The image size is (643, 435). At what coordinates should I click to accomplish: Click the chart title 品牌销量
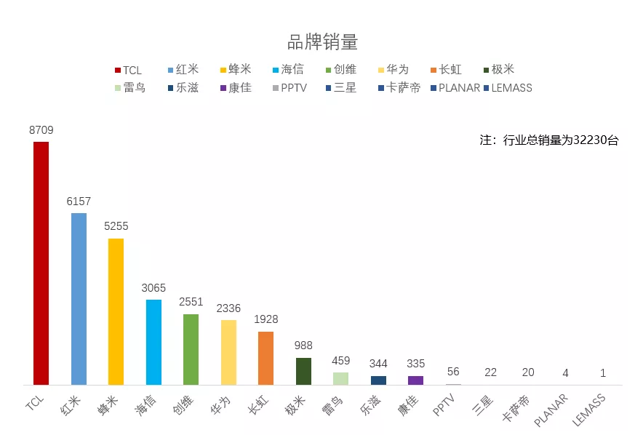pyautogui.click(x=322, y=41)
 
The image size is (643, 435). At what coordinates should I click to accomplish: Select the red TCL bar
pyautogui.click(x=41, y=262)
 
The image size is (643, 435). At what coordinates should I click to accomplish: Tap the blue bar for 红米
pyautogui.click(x=79, y=298)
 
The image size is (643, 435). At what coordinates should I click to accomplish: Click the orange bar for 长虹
pyautogui.click(x=265, y=358)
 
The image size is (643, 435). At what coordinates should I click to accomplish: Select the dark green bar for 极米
pyautogui.click(x=303, y=371)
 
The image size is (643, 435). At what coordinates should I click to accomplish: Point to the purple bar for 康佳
pyautogui.click(x=415, y=380)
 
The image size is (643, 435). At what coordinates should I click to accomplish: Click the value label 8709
pyautogui.click(x=41, y=130)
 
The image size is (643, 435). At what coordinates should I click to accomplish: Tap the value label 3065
pyautogui.click(x=153, y=288)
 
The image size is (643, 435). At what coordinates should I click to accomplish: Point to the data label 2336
pyautogui.click(x=228, y=308)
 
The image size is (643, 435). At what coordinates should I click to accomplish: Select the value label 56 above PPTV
pyautogui.click(x=453, y=372)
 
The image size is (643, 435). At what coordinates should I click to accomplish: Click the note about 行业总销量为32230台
pyautogui.click(x=549, y=140)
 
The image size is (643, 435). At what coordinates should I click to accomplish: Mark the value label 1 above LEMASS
pyautogui.click(x=603, y=372)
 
